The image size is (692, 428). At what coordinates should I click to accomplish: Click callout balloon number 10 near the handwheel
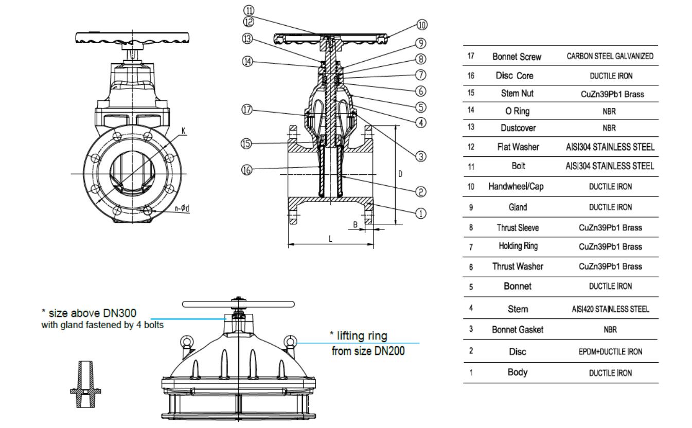(422, 25)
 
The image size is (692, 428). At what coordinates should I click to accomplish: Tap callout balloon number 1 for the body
(420, 213)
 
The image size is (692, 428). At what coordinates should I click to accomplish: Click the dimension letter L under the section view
(330, 239)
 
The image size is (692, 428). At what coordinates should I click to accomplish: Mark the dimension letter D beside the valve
(400, 174)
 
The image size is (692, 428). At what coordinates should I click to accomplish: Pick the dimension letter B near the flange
(355, 224)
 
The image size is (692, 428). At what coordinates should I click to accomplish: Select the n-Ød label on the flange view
(182, 208)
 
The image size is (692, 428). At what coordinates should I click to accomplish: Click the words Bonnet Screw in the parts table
(517, 57)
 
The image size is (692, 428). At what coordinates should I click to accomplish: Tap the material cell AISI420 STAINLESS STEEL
(610, 309)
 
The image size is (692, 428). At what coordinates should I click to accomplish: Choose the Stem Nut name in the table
(517, 94)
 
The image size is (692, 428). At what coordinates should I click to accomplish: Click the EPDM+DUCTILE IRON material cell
(610, 352)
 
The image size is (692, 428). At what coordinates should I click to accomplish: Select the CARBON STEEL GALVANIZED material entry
(610, 57)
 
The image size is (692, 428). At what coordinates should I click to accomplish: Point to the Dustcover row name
(517, 127)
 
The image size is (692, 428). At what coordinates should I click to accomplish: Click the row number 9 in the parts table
(471, 208)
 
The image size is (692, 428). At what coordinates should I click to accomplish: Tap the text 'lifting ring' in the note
(358, 336)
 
